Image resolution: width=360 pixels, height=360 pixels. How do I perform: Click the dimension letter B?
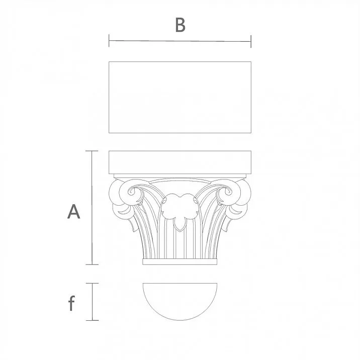click(x=180, y=24)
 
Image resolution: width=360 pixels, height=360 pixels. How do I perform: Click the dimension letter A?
click(x=74, y=212)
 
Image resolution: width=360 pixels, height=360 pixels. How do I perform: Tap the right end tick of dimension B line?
click(x=250, y=42)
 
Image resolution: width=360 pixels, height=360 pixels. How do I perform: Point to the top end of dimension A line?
click(x=91, y=151)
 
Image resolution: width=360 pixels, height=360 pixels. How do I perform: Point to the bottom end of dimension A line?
click(x=91, y=264)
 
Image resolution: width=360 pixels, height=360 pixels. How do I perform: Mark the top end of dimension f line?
click(x=92, y=283)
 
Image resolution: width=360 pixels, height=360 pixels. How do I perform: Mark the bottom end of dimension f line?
click(x=92, y=320)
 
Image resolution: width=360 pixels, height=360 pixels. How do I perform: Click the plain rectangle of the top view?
click(x=180, y=97)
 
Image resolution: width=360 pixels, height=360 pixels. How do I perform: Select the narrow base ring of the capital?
click(x=180, y=262)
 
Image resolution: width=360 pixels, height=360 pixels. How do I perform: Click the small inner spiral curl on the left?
click(x=134, y=193)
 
